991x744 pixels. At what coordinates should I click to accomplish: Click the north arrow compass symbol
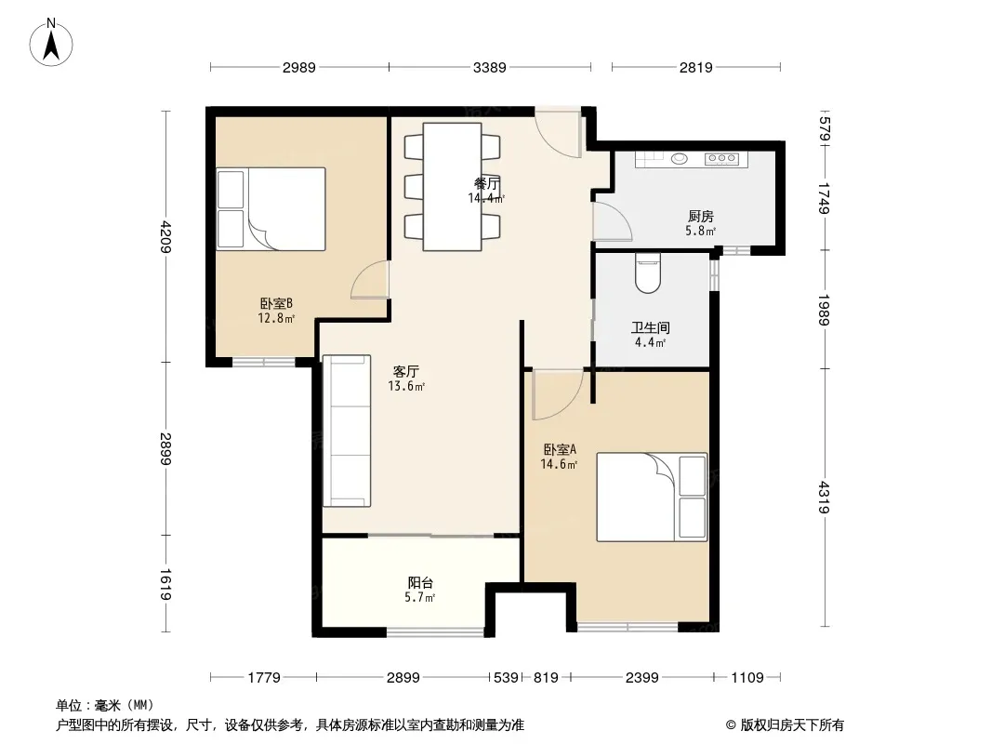point(51,43)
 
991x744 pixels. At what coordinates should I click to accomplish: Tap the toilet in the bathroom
point(648,272)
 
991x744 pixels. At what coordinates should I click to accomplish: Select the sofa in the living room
point(347,431)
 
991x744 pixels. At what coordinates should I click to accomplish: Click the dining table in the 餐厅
point(452,187)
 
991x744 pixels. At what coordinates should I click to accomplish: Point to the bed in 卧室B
point(271,208)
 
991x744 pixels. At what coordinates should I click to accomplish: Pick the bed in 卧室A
point(652,497)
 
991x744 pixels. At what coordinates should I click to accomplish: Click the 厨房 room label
point(701,216)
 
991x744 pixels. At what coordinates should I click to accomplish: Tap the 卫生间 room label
point(651,327)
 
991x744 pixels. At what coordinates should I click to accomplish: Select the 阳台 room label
point(420,582)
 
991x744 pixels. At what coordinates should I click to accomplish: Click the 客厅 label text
point(405,371)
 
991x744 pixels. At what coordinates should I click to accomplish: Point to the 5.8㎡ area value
point(700,232)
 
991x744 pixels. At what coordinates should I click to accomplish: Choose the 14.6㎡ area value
point(559,465)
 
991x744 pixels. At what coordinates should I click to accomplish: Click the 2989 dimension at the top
point(299,67)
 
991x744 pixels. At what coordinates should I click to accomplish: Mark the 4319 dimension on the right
point(825,497)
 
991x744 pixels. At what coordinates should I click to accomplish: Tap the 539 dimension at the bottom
point(506,678)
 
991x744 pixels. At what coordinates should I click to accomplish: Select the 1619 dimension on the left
point(165,584)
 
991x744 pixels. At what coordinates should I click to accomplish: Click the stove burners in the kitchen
point(721,159)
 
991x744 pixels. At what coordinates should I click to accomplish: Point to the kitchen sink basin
point(680,159)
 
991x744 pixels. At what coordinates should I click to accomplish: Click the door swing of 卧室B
point(370,279)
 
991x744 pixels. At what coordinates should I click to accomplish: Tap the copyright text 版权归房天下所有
point(791,725)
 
